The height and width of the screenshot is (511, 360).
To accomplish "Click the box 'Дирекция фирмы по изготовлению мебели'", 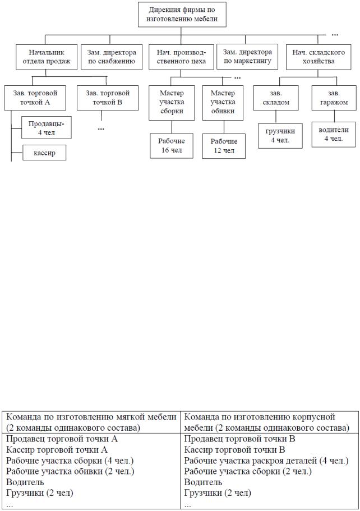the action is tap(182, 15).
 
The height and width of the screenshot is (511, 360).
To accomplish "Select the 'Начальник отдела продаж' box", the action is tap(47, 57).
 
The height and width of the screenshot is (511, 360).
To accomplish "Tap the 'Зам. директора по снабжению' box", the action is tap(112, 57).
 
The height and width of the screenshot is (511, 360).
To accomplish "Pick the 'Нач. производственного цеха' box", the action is tap(181, 57).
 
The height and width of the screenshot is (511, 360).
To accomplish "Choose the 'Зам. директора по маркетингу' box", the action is tap(247, 57).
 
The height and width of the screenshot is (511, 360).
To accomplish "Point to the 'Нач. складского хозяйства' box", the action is tap(319, 57).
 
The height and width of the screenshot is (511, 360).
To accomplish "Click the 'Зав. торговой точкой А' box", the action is tap(35, 98).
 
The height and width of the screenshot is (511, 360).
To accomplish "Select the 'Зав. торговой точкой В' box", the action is tap(108, 98).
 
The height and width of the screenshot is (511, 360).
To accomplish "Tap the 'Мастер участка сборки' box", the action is tap(172, 103).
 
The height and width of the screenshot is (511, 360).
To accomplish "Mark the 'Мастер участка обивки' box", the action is tap(223, 103).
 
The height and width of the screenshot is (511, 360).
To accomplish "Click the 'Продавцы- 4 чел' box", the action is tap(47, 127).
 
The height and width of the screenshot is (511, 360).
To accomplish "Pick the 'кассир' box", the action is tap(44, 153).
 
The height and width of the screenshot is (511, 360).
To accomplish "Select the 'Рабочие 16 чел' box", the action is tap(172, 146).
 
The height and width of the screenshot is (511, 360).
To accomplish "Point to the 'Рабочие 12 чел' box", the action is tap(224, 146).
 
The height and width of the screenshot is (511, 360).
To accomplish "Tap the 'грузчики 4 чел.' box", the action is tap(280, 136).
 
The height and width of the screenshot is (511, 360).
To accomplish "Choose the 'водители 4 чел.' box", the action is tap(334, 134).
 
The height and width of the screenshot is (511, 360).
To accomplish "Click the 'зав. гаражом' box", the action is tap(334, 98).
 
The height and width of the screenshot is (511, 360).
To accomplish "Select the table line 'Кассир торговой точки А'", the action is tap(57, 450).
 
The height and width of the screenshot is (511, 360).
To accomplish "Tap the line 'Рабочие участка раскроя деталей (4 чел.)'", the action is tap(266, 461).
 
